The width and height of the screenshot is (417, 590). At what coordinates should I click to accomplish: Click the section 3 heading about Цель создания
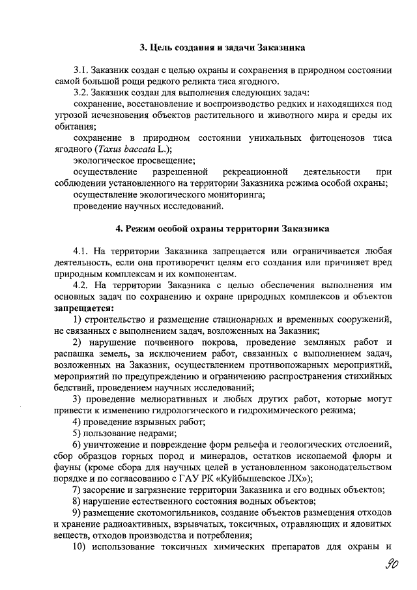(x=223, y=48)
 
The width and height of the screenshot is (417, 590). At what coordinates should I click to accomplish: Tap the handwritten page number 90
(x=391, y=565)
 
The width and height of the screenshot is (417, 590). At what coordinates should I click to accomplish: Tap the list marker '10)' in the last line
(x=79, y=546)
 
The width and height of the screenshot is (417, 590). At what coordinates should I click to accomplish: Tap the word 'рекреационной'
(x=250, y=171)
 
